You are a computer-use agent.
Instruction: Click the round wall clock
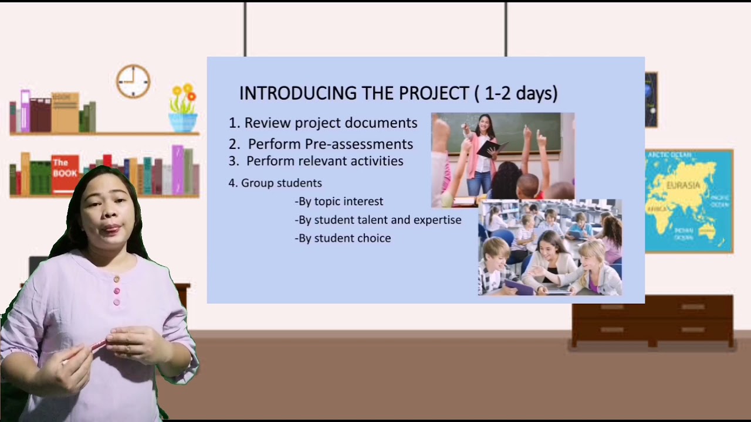(133, 81)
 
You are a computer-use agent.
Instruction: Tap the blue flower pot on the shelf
(183, 122)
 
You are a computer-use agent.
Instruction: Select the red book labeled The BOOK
(65, 174)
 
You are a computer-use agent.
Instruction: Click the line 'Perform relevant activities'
(324, 161)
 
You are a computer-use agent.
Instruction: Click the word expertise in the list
(437, 220)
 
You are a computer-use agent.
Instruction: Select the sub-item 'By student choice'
(344, 239)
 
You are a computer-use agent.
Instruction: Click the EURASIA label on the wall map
(683, 185)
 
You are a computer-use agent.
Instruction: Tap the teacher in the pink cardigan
(483, 152)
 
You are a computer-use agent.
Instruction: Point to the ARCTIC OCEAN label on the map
(669, 155)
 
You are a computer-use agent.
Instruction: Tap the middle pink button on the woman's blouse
(116, 291)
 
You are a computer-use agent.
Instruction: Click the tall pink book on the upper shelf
(25, 111)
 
